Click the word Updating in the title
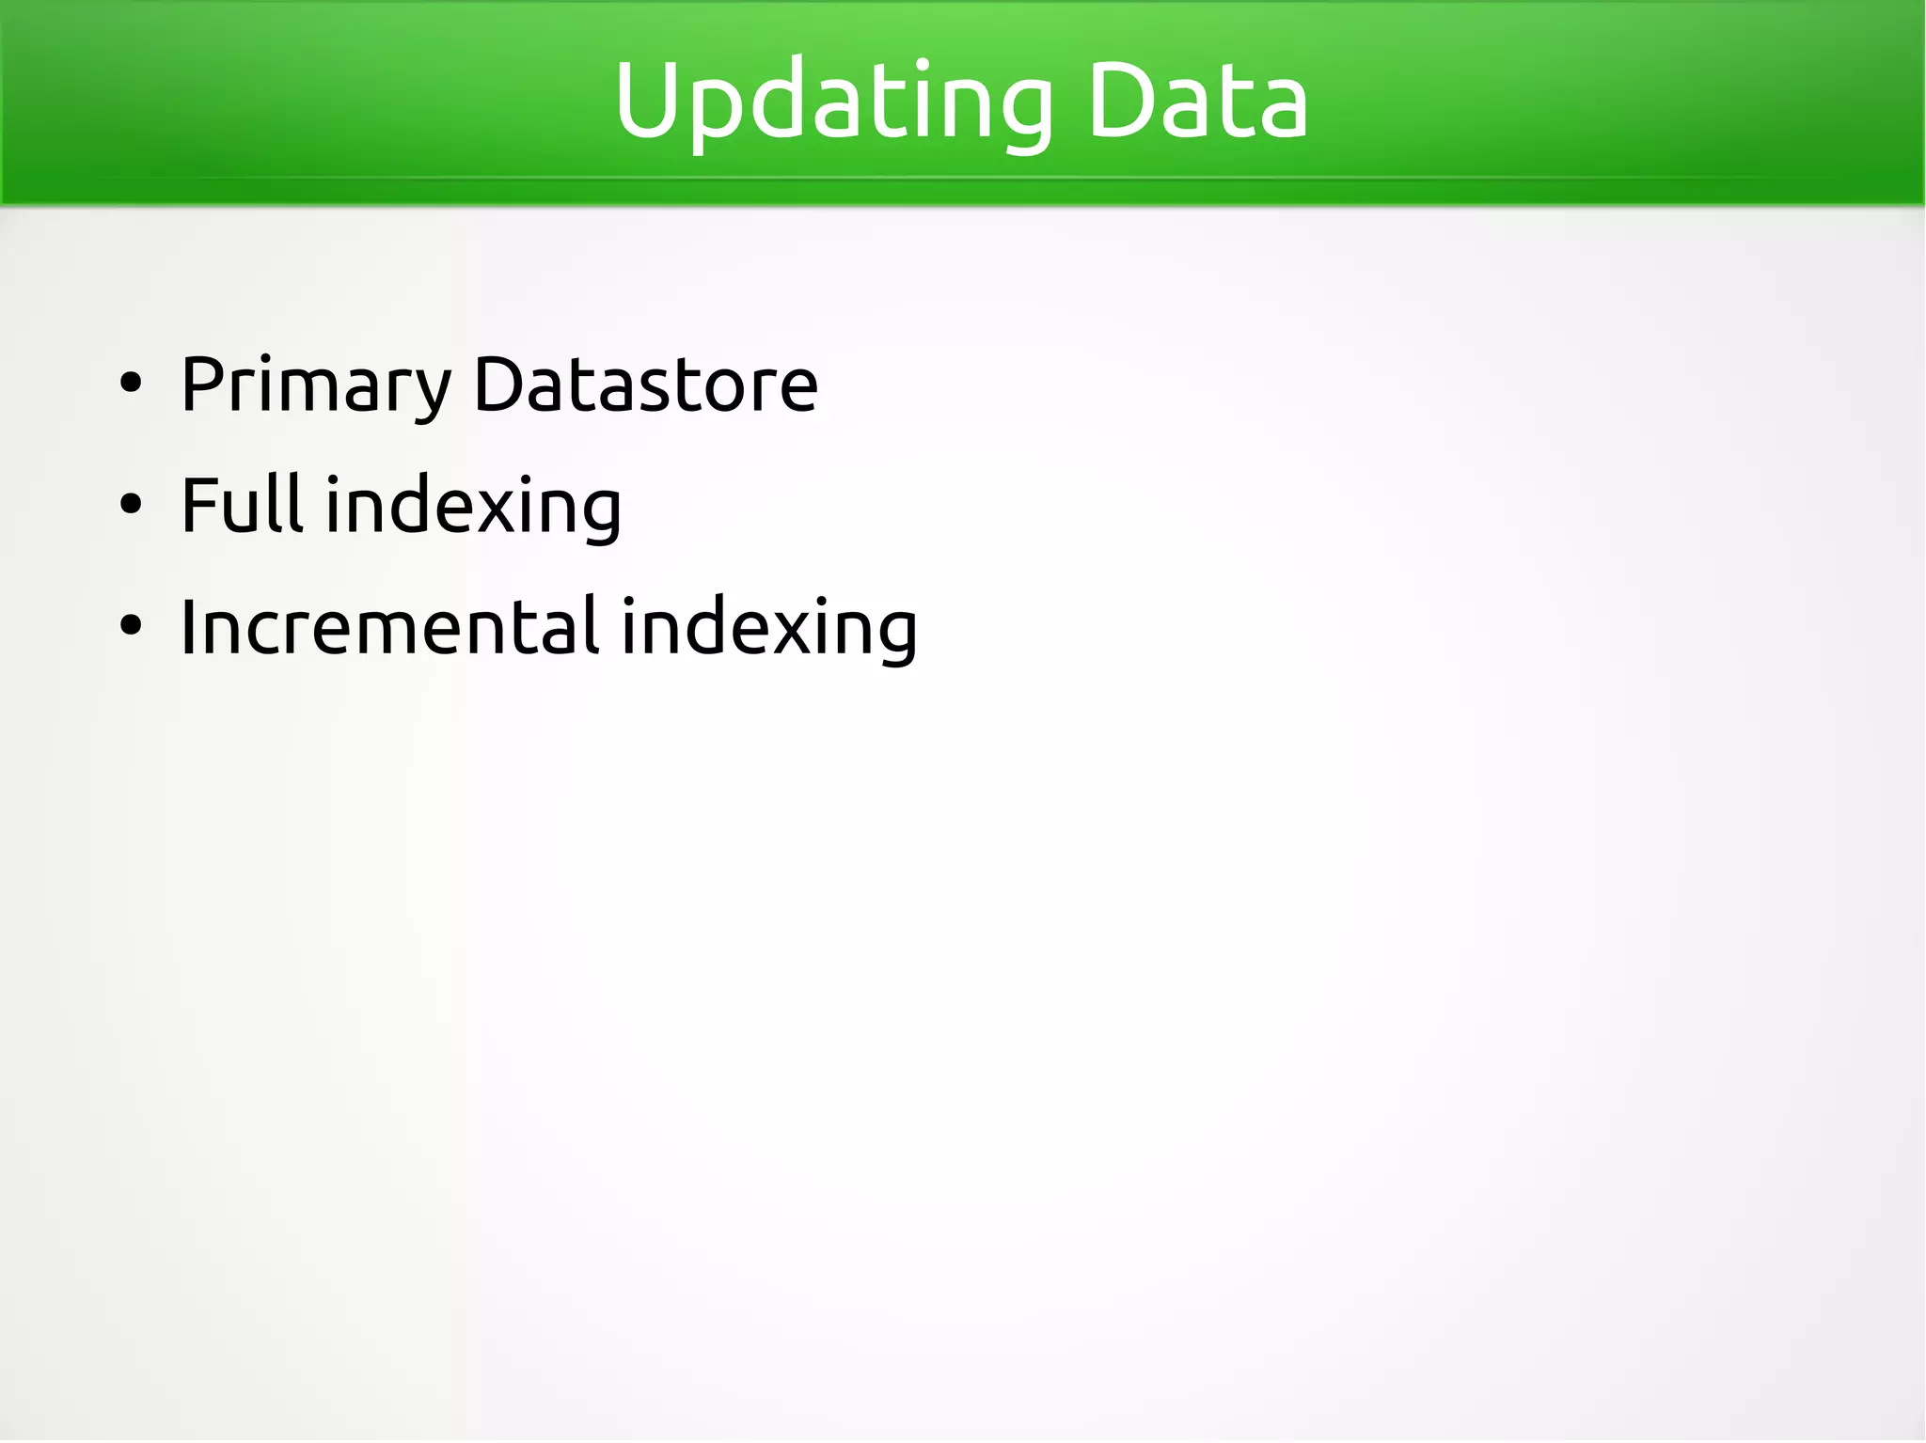(833, 102)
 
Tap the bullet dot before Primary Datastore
(131, 384)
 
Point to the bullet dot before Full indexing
(131, 505)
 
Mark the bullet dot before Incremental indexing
(131, 626)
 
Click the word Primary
(316, 385)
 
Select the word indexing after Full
(473, 508)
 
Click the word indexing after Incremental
(769, 628)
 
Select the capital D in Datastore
(498, 384)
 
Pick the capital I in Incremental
(188, 626)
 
